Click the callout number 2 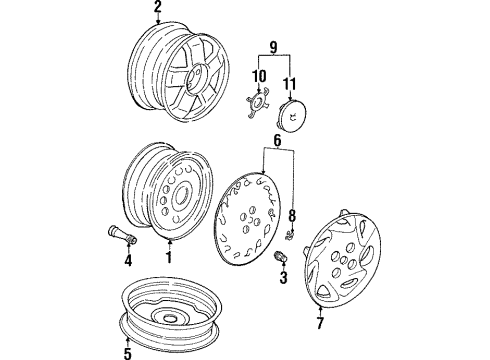coord(157,9)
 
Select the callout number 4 coord(127,262)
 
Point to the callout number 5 coord(125,351)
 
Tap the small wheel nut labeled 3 coord(280,258)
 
